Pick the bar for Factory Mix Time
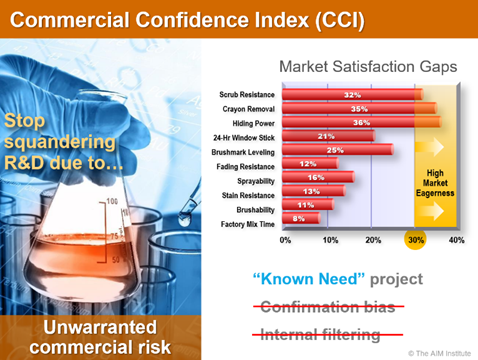302,218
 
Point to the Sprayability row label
255,177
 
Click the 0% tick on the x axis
285,241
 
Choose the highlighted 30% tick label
414,241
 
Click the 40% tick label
456,241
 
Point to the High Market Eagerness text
435,181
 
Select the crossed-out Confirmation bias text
330,306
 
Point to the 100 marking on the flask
112,201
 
